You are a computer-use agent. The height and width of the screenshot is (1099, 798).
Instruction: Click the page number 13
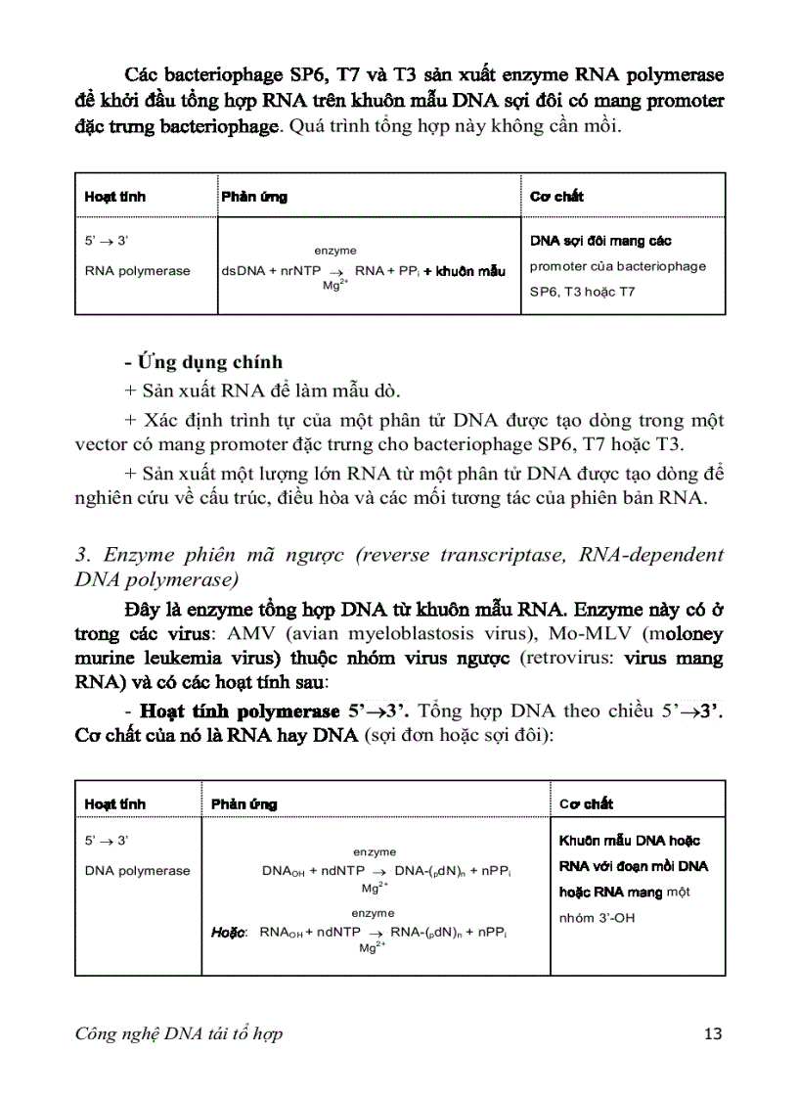(x=713, y=1033)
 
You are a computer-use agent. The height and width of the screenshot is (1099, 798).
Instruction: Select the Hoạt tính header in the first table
(x=115, y=197)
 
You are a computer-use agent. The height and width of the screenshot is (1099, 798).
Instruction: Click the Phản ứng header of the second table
(x=244, y=804)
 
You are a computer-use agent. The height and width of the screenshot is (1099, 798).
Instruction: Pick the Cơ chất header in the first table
(x=556, y=197)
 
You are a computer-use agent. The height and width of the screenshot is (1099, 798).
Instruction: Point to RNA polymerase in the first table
(x=138, y=271)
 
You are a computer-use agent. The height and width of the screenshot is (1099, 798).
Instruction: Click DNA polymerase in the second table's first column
(x=138, y=871)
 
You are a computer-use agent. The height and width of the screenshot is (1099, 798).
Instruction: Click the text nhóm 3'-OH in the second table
(x=597, y=918)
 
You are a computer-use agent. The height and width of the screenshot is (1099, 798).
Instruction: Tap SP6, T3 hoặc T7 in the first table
(x=583, y=292)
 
